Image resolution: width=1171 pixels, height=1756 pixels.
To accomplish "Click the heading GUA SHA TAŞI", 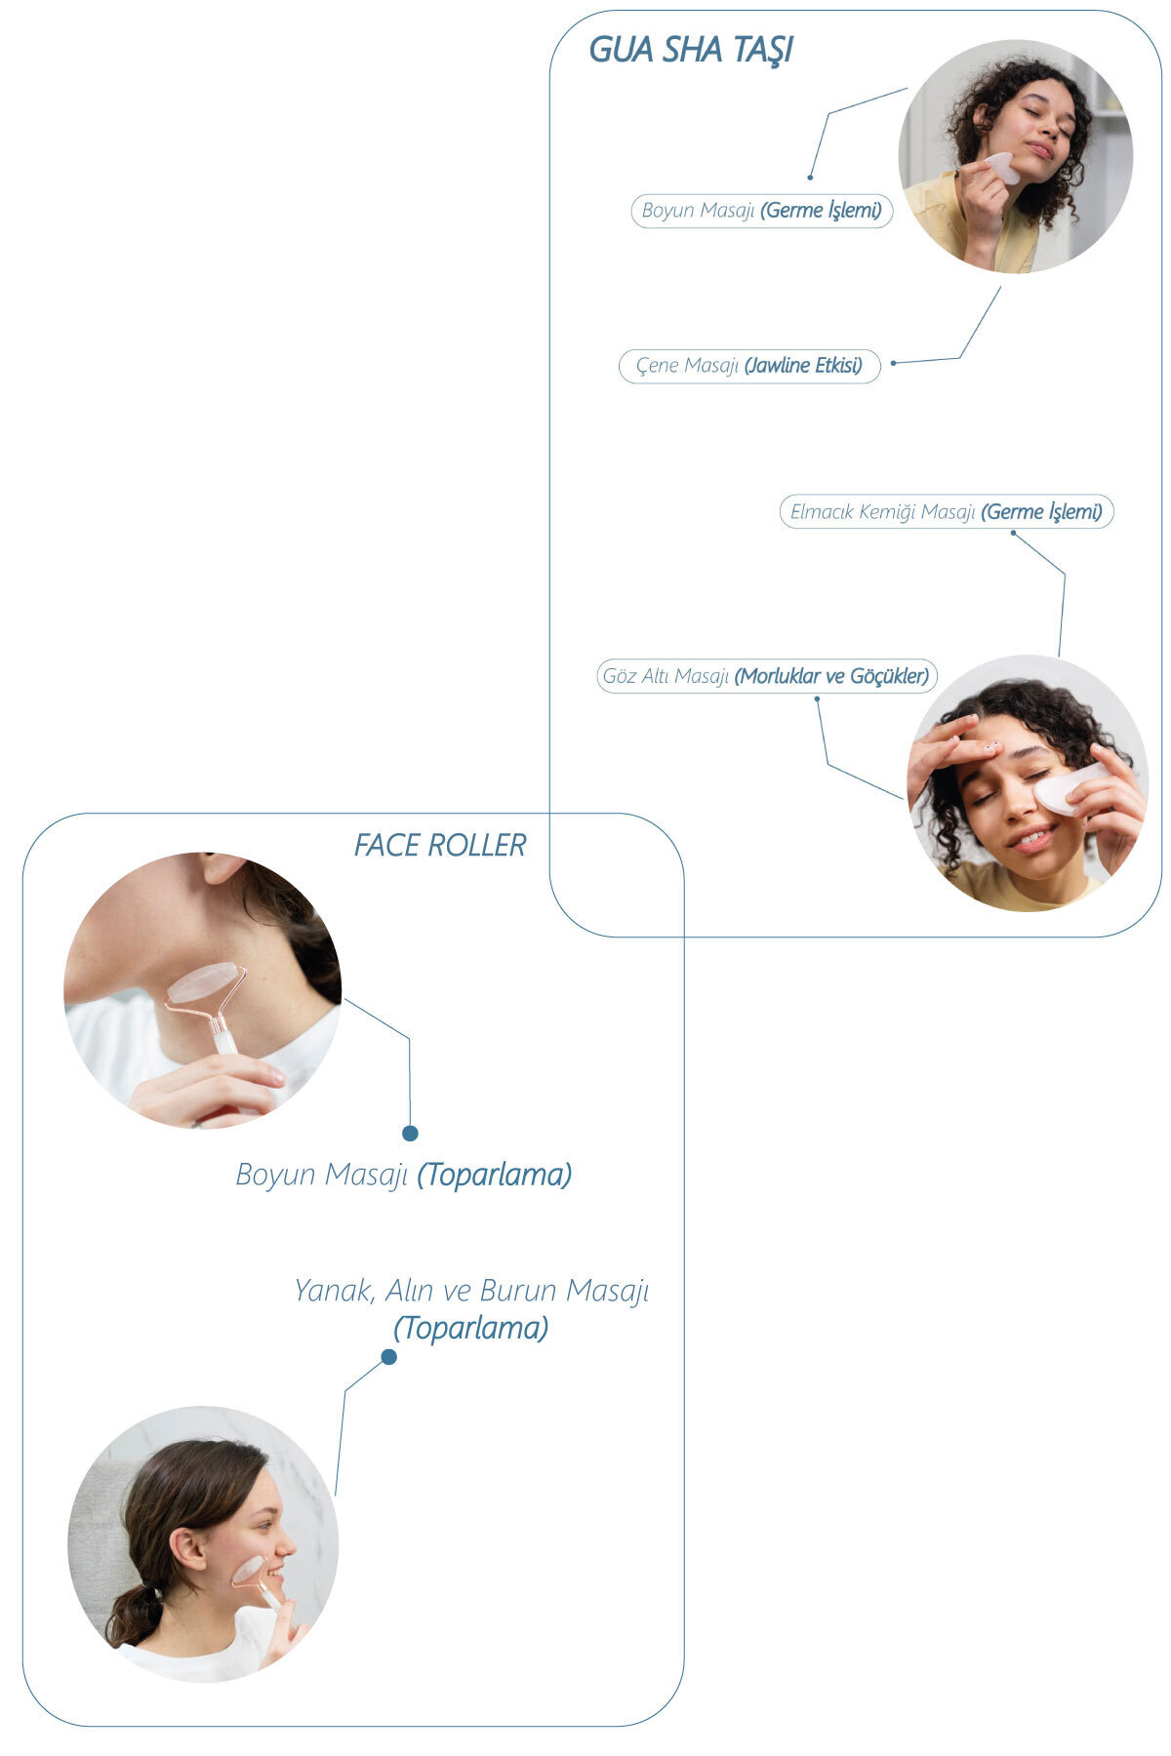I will point(690,50).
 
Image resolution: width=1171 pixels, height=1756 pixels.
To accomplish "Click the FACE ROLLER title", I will point(439,845).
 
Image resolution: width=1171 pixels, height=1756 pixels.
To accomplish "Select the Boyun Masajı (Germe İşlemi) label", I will point(761,211).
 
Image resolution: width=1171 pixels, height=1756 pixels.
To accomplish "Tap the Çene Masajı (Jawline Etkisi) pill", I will point(748,366).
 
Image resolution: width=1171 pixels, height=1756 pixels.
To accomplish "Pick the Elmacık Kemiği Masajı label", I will point(946,512).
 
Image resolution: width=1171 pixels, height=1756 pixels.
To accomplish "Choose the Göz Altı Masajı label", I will point(766,676).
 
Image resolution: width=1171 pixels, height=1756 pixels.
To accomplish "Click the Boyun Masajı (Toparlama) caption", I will point(403,1175).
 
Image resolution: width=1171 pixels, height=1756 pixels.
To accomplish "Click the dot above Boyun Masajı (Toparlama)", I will point(410,1133).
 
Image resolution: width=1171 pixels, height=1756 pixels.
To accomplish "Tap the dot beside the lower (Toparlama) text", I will point(388,1357).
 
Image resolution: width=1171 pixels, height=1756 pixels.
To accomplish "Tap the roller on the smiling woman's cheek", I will point(248,1570).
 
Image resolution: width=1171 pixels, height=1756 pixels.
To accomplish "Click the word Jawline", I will point(778,366).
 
